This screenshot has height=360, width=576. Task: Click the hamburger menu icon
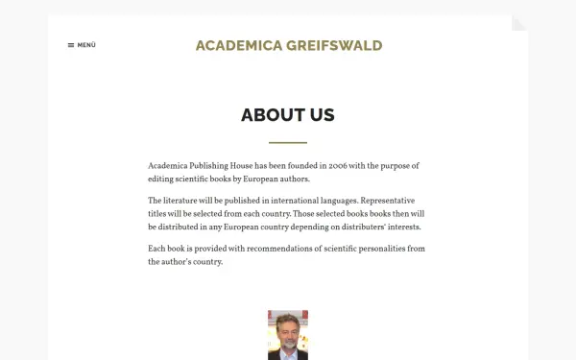point(71,45)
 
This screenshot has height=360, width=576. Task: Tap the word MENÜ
point(86,45)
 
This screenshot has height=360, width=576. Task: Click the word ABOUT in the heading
point(273,115)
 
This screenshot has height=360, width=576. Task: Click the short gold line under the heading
point(288,142)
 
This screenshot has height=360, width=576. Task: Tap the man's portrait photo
point(288,334)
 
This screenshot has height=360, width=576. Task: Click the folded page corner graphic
point(519,23)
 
